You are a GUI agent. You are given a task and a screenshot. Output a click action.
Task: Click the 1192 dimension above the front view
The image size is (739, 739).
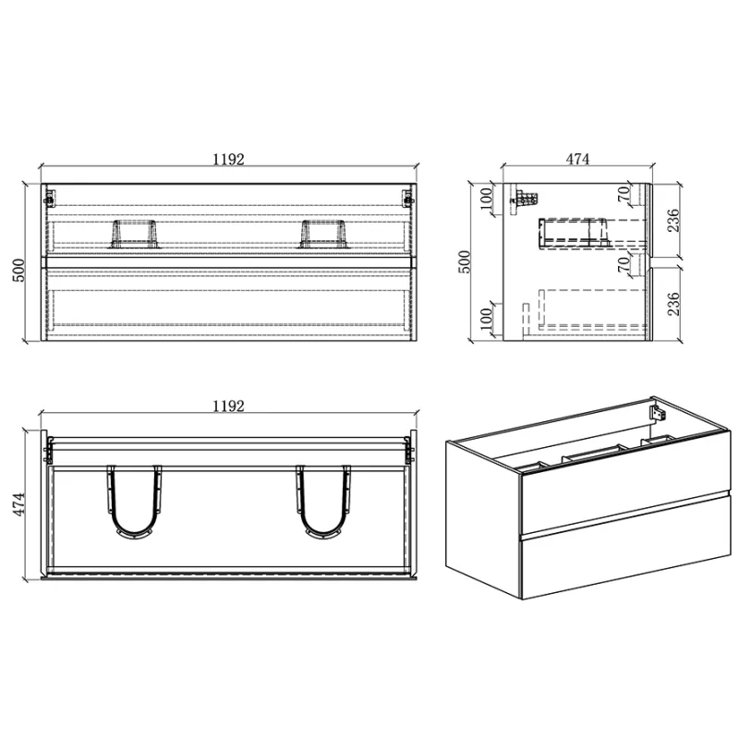(x=228, y=159)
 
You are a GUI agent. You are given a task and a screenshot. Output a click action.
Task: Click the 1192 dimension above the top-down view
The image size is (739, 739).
(x=228, y=406)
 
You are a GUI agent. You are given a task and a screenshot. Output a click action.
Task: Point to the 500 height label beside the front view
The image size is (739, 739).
(x=19, y=270)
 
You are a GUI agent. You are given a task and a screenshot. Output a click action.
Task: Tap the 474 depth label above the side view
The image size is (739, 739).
(x=577, y=159)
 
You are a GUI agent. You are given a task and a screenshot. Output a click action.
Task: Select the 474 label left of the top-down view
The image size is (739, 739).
(x=19, y=504)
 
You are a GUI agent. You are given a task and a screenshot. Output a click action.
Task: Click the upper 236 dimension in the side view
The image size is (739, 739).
(x=673, y=220)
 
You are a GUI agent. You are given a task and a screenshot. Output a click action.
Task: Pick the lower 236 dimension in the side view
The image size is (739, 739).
(x=673, y=304)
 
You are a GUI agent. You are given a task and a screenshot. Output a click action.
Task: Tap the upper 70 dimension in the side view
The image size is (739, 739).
(x=624, y=194)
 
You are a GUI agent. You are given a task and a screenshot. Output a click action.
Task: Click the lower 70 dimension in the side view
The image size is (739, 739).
(x=624, y=264)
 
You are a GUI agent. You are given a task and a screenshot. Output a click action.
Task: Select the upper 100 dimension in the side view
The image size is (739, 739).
(x=486, y=199)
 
